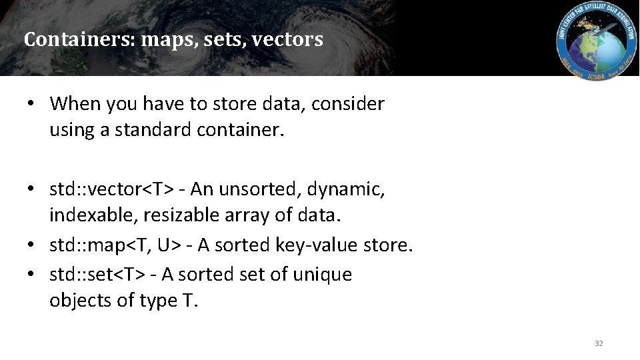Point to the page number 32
599,343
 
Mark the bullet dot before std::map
31,246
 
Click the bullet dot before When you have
31,104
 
